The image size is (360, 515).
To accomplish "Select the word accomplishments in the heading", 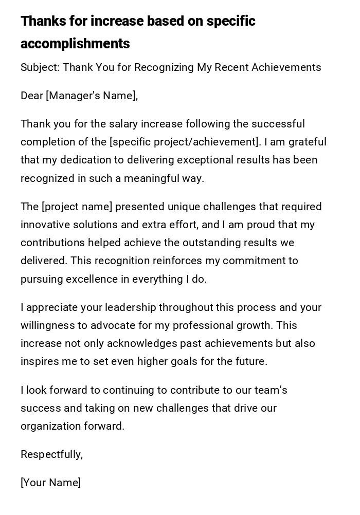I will click(x=75, y=44).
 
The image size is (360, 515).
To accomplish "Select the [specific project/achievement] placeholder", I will click(x=185, y=142).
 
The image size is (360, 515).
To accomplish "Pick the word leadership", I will click(x=131, y=308).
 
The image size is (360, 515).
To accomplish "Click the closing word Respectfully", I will click(x=51, y=455).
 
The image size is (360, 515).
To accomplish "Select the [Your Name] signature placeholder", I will click(x=50, y=483).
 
